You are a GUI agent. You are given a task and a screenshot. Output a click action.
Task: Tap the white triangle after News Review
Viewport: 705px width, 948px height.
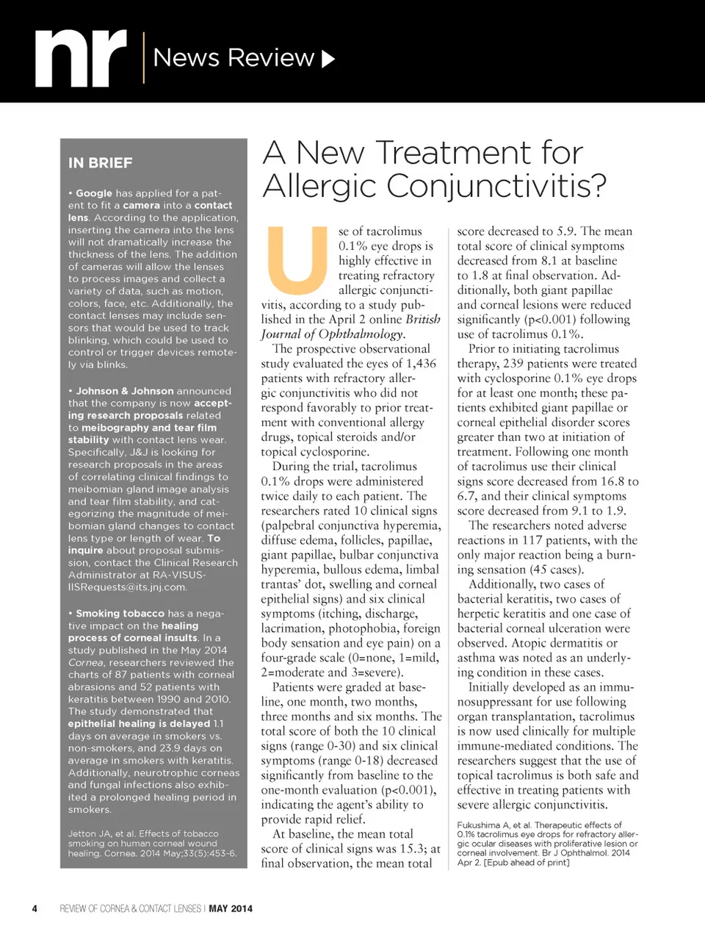(x=328, y=59)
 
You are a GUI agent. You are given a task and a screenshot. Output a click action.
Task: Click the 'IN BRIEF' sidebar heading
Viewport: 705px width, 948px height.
(x=101, y=163)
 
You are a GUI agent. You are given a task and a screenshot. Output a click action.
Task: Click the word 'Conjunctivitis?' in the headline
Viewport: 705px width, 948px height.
(x=498, y=186)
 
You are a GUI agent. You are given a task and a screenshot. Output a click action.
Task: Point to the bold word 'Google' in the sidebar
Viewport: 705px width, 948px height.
(x=94, y=193)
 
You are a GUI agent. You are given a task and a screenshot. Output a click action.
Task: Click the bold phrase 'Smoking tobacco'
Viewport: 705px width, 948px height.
(x=120, y=614)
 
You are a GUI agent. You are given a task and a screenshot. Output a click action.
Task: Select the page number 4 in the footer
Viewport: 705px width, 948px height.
(x=35, y=908)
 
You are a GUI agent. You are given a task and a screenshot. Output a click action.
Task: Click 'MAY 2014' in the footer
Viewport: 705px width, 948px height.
(x=231, y=908)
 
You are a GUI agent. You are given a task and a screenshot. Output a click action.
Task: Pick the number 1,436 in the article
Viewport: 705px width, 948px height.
(x=421, y=364)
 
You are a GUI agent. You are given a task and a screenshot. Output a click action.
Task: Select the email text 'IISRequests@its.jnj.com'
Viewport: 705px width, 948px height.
(x=128, y=587)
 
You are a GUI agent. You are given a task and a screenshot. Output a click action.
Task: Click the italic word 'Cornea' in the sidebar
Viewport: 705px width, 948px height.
(x=86, y=663)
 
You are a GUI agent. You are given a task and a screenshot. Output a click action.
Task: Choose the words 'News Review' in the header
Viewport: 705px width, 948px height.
(x=234, y=57)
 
